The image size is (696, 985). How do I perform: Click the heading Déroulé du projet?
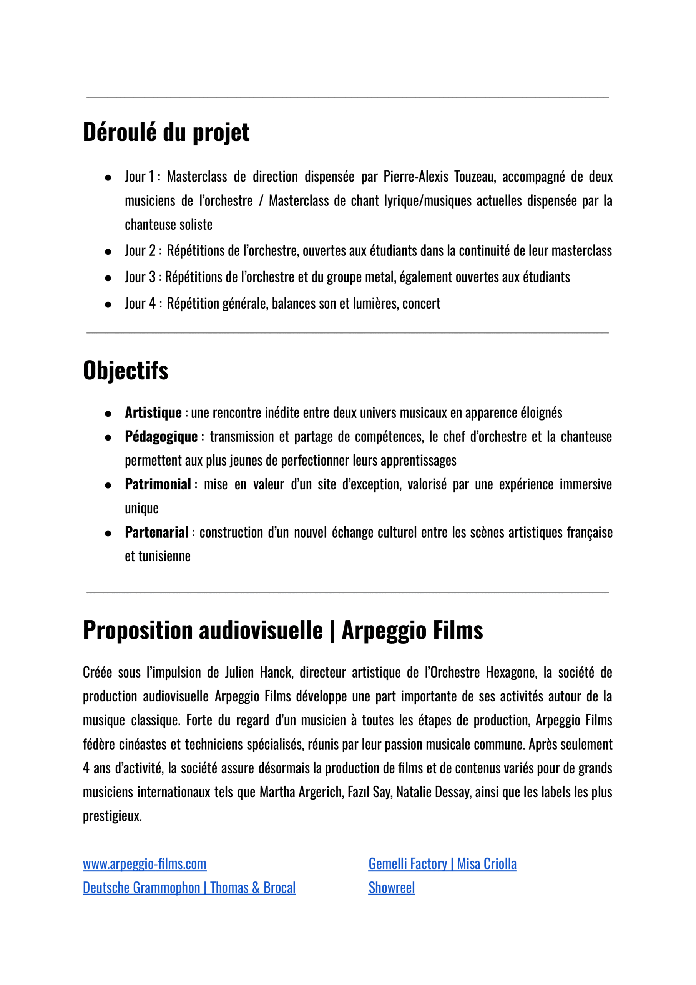(166, 132)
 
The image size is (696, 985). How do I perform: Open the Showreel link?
(391, 888)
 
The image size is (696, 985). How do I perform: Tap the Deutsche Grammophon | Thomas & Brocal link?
(189, 888)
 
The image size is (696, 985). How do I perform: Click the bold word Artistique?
(153, 413)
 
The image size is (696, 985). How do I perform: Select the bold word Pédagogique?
(161, 437)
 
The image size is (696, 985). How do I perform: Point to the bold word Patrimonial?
(158, 484)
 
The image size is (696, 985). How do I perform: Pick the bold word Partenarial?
(156, 533)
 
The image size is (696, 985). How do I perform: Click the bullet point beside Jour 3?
(108, 279)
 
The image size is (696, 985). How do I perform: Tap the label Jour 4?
(140, 303)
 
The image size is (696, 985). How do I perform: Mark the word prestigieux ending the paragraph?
(112, 816)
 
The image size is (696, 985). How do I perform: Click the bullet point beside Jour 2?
(108, 252)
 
